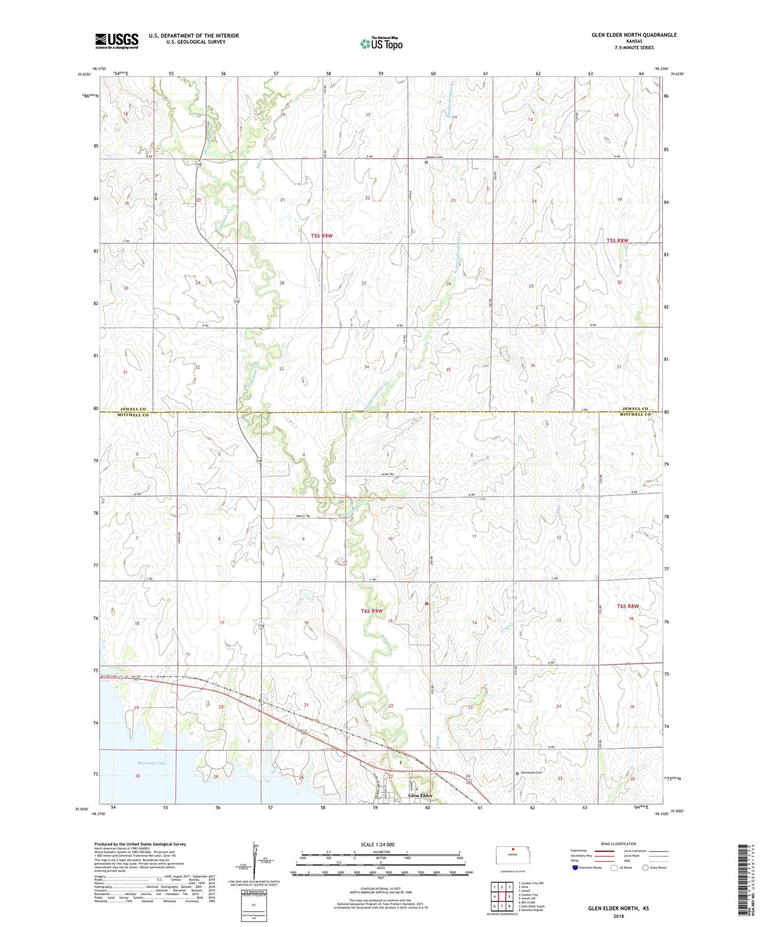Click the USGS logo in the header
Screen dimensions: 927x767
(116, 41)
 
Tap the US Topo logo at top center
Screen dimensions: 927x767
(381, 43)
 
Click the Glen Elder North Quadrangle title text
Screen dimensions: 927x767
(634, 35)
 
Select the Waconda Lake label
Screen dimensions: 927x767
(151, 763)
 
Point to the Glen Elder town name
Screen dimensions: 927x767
(420, 795)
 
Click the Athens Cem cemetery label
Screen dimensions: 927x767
(434, 157)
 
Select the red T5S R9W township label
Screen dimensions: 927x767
(322, 235)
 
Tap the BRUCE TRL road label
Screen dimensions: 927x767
(303, 516)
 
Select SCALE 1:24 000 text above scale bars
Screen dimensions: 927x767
(377, 844)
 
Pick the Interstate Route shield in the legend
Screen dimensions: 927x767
(575, 868)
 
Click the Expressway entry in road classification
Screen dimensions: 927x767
(594, 851)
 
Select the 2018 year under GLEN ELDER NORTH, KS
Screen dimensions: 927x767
(618, 916)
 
